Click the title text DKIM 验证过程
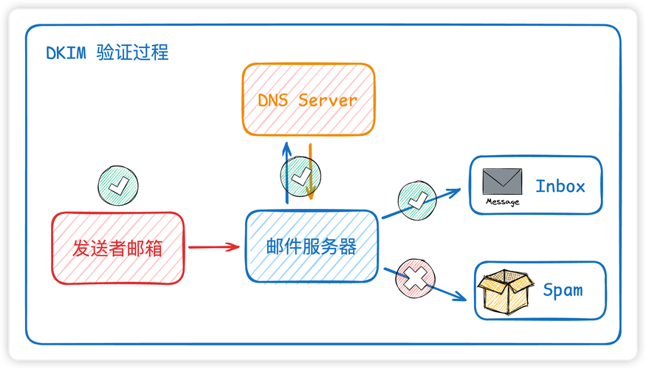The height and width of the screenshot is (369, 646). coord(107,53)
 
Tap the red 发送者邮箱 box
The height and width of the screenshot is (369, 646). coord(117,247)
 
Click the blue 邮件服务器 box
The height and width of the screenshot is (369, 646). coord(312,246)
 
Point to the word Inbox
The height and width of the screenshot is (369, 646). coord(560,186)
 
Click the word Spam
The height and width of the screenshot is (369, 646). coord(563,290)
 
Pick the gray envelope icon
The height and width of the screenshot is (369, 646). coord(502,181)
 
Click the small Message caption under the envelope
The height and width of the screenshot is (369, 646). coord(502,202)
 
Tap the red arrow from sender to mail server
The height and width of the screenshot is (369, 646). coord(213,246)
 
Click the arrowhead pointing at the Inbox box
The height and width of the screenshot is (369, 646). coord(455,190)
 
